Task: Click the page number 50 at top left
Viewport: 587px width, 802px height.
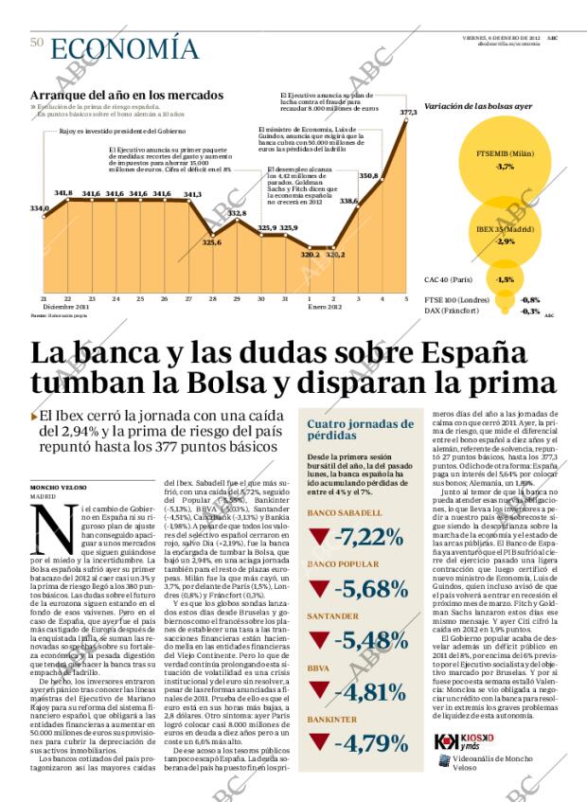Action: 37,42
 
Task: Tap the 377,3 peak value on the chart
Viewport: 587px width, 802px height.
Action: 409,113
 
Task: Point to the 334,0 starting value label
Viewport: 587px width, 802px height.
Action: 39,208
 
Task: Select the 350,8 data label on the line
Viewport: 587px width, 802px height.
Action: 368,176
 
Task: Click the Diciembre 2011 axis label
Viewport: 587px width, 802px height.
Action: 66,307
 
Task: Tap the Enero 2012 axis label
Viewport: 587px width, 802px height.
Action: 324,307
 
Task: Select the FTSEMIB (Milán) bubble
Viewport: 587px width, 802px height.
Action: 504,159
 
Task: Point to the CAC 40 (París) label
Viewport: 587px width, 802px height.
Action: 450,279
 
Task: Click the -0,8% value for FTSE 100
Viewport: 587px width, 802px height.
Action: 530,300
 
